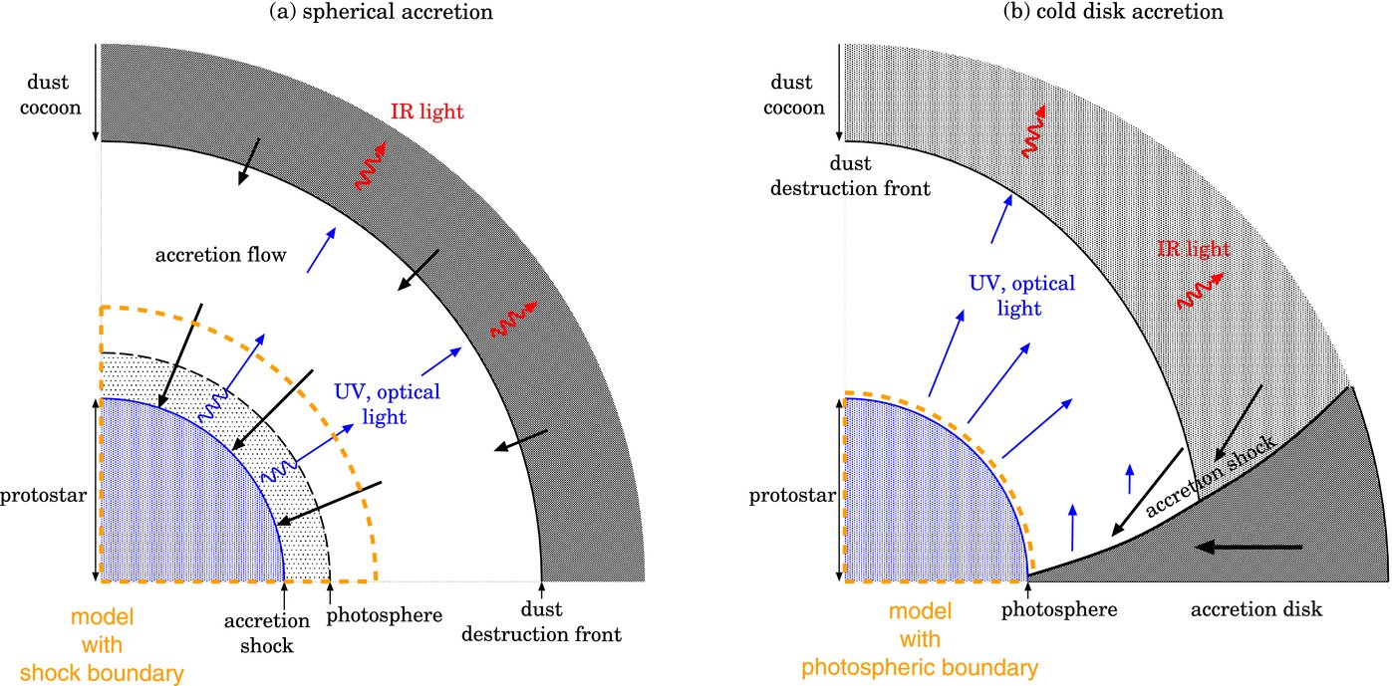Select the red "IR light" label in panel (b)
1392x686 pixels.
[x=1194, y=248]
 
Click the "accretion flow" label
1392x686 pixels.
[x=221, y=256]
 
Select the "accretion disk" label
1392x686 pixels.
[x=1256, y=609]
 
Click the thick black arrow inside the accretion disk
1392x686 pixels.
[x=1250, y=547]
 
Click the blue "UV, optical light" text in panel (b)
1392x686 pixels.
[x=1022, y=296]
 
